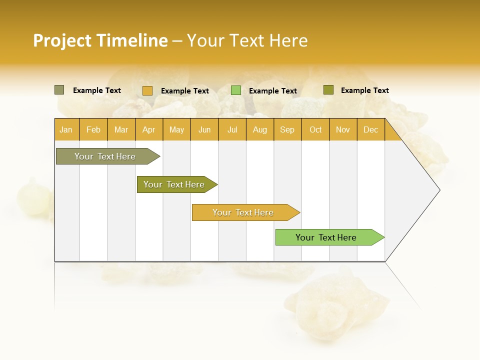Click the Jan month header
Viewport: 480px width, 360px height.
pos(66,129)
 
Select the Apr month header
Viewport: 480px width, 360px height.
pos(149,129)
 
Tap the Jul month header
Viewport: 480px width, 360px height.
pos(232,129)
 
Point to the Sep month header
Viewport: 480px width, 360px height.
pos(287,129)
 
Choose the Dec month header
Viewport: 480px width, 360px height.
pos(370,129)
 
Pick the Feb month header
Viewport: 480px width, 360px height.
pos(93,129)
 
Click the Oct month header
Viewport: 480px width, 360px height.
pos(315,129)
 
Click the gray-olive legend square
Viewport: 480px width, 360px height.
pos(59,90)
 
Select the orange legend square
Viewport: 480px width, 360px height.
pos(147,90)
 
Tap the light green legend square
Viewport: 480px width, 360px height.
pos(236,90)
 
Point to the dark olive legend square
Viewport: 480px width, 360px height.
pos(328,90)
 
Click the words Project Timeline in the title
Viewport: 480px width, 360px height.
pos(100,40)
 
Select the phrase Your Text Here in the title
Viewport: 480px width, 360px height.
pos(247,40)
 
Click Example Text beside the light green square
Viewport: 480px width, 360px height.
pos(272,91)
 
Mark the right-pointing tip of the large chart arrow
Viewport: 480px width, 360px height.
pos(438,190)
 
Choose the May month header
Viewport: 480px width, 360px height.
pos(176,129)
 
